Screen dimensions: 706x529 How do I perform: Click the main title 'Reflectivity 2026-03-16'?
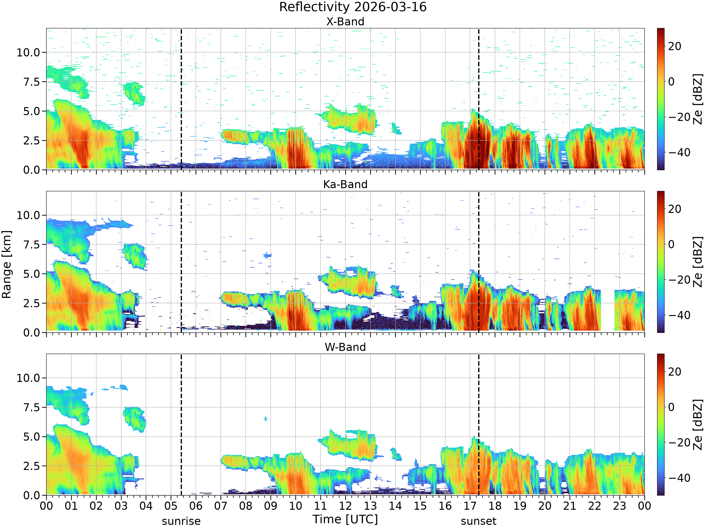click(353, 7)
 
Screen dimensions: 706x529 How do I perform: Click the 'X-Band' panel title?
click(345, 22)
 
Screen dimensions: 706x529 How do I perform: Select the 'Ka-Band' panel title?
click(345, 184)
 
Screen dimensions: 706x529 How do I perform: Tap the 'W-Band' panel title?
click(345, 347)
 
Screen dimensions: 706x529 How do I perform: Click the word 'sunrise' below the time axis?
click(181, 521)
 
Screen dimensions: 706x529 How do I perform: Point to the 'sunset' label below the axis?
click(478, 521)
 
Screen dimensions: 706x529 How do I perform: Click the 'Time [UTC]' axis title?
click(345, 519)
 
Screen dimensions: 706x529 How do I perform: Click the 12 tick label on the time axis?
click(345, 506)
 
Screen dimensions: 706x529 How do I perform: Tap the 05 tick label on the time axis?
click(171, 506)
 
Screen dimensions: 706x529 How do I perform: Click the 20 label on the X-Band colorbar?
click(675, 46)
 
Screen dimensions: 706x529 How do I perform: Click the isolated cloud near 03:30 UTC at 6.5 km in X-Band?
click(134, 93)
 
